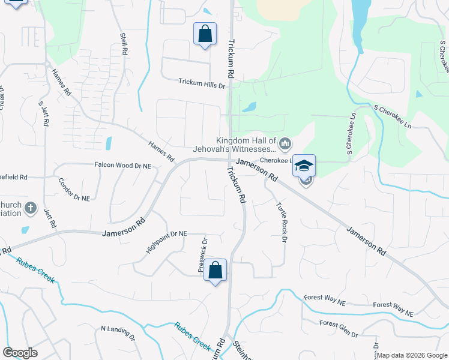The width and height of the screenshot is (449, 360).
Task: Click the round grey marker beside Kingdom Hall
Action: pos(285,143)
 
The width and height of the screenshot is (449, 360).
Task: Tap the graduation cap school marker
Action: pos(304,165)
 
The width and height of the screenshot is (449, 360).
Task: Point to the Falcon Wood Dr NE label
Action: pos(122,164)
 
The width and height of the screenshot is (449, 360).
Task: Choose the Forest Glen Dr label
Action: pos(339,328)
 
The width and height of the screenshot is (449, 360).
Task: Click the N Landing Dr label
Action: pos(118,331)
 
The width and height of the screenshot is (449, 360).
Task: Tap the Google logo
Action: pos(20,353)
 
